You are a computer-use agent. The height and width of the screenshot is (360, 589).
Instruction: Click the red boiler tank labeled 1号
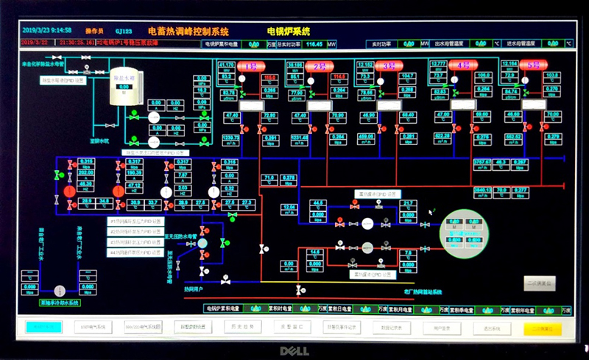tap(253, 66)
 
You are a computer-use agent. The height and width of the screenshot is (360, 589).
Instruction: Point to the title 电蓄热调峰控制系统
tap(188, 32)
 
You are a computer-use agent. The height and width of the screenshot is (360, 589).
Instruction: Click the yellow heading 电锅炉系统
tap(289, 32)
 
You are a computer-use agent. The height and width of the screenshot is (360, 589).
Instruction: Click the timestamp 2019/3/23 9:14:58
tap(47, 30)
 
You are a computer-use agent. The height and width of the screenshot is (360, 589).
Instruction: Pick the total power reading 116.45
tap(314, 44)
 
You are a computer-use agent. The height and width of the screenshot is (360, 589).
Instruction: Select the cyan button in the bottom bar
tap(43, 327)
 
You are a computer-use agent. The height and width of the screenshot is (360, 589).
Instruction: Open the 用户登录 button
tap(442, 327)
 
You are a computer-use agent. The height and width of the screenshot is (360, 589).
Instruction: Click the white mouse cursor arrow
tap(432, 212)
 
